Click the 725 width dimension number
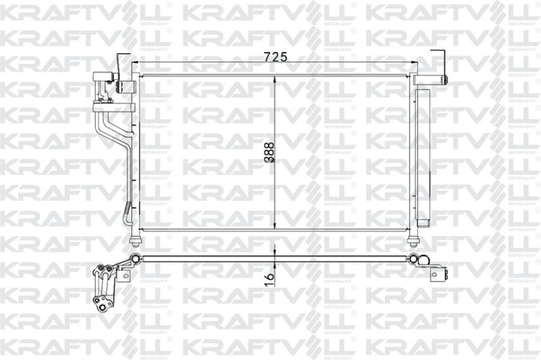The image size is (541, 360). [x=275, y=56]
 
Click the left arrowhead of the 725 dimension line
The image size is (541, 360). [x=139, y=63]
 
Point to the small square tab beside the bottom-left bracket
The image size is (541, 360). [x=125, y=276]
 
